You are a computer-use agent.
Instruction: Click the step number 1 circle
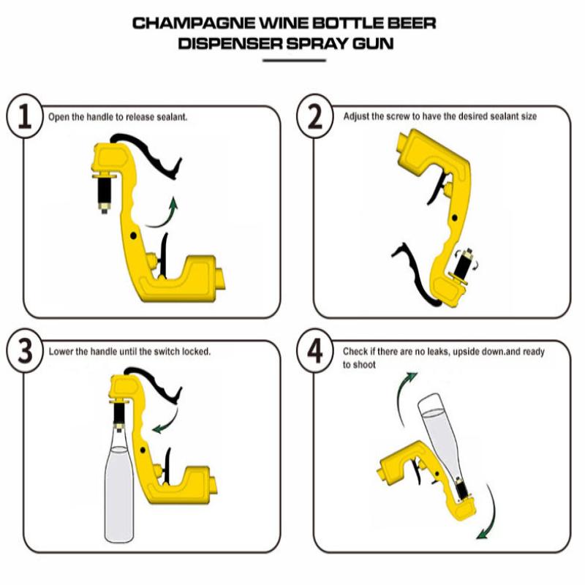click(x=26, y=118)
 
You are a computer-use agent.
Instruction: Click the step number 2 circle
click(x=314, y=118)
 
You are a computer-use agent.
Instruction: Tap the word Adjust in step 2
click(x=356, y=116)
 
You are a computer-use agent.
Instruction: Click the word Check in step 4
click(x=355, y=352)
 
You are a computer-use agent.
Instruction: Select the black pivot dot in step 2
click(x=454, y=217)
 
